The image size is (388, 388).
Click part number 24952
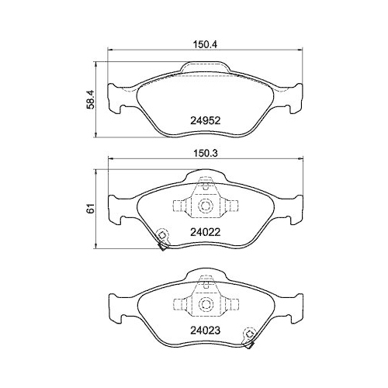[205, 120]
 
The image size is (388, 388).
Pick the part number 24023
[205, 328]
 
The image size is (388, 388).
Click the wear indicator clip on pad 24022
[163, 238]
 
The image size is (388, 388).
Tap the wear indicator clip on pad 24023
[250, 336]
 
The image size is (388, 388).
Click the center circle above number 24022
[206, 206]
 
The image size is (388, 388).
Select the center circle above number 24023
[206, 304]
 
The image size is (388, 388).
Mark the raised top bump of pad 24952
[206, 68]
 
